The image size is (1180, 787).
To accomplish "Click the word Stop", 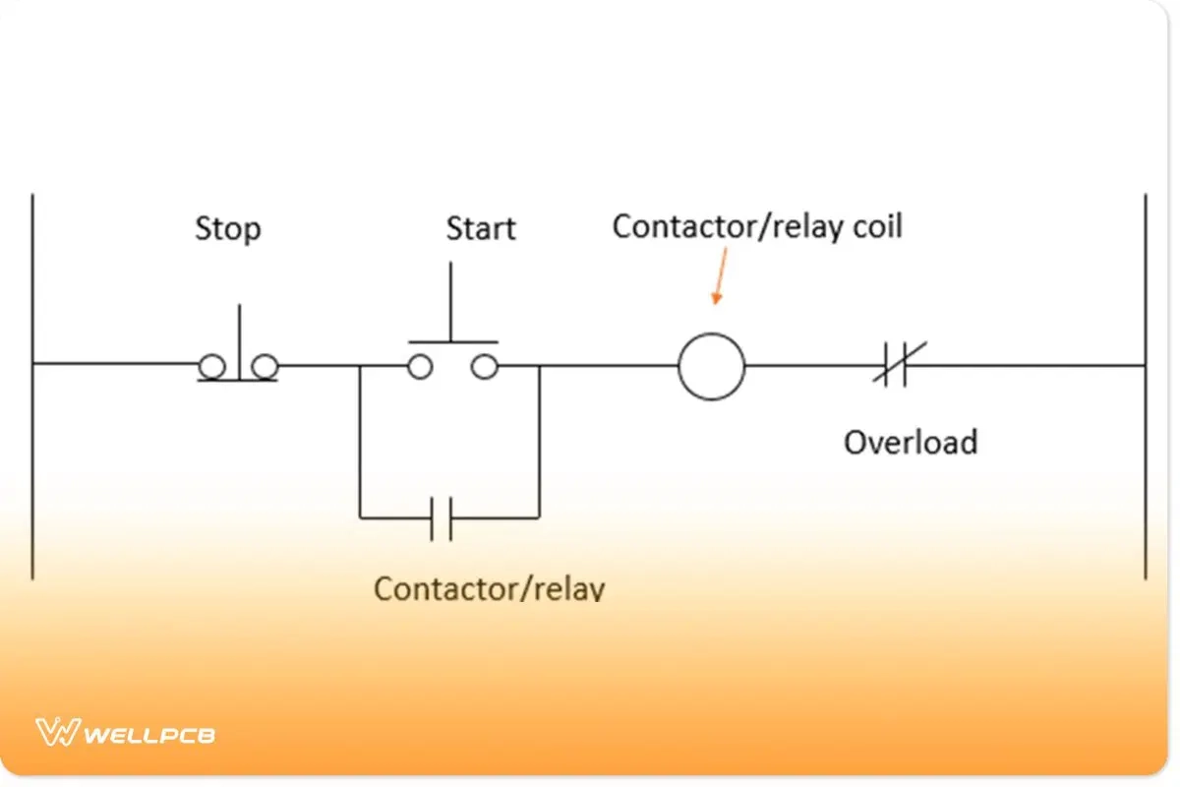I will [228, 229].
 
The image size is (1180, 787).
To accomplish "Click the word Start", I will [481, 229].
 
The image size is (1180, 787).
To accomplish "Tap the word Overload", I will [911, 442].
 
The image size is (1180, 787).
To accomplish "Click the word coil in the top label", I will [875, 226].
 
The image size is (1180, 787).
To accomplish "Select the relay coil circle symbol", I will [711, 366].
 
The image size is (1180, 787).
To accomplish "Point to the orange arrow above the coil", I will [721, 275].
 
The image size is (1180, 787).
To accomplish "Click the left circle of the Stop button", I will [210, 367].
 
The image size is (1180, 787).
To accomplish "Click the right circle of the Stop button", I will [264, 367].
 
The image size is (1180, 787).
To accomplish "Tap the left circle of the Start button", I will [420, 367].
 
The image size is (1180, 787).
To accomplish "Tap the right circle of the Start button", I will [483, 367].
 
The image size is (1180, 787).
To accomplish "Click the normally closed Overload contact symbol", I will [895, 366].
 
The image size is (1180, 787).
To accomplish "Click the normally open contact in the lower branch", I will [442, 517].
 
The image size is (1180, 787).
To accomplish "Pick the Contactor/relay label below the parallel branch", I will [489, 588].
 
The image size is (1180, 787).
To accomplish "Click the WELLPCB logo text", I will [150, 734].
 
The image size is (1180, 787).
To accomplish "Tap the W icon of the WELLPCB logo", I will [57, 732].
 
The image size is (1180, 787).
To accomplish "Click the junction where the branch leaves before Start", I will [360, 366].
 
